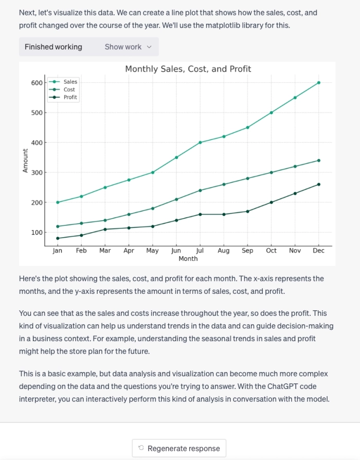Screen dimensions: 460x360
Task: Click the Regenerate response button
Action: [179, 448]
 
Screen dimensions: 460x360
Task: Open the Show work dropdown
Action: [128, 47]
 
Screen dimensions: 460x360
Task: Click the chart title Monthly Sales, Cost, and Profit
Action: [188, 69]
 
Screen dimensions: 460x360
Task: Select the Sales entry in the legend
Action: [70, 82]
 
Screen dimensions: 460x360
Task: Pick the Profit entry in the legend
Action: [70, 97]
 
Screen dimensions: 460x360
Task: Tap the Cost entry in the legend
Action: [69, 90]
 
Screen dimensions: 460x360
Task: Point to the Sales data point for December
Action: [319, 82]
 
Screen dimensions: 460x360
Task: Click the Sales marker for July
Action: [200, 143]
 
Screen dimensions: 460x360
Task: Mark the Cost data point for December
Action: [319, 161]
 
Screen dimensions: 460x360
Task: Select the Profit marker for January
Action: [58, 238]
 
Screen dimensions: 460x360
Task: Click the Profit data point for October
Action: [272, 202]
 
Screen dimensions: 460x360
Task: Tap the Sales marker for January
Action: [58, 202]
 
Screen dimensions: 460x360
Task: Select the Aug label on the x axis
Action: [224, 251]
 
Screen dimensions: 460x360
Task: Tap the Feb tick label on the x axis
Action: [81, 251]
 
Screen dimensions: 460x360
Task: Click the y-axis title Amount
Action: [25, 160]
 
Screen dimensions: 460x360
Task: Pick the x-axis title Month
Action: [188, 259]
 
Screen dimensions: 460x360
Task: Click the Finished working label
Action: [53, 47]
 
